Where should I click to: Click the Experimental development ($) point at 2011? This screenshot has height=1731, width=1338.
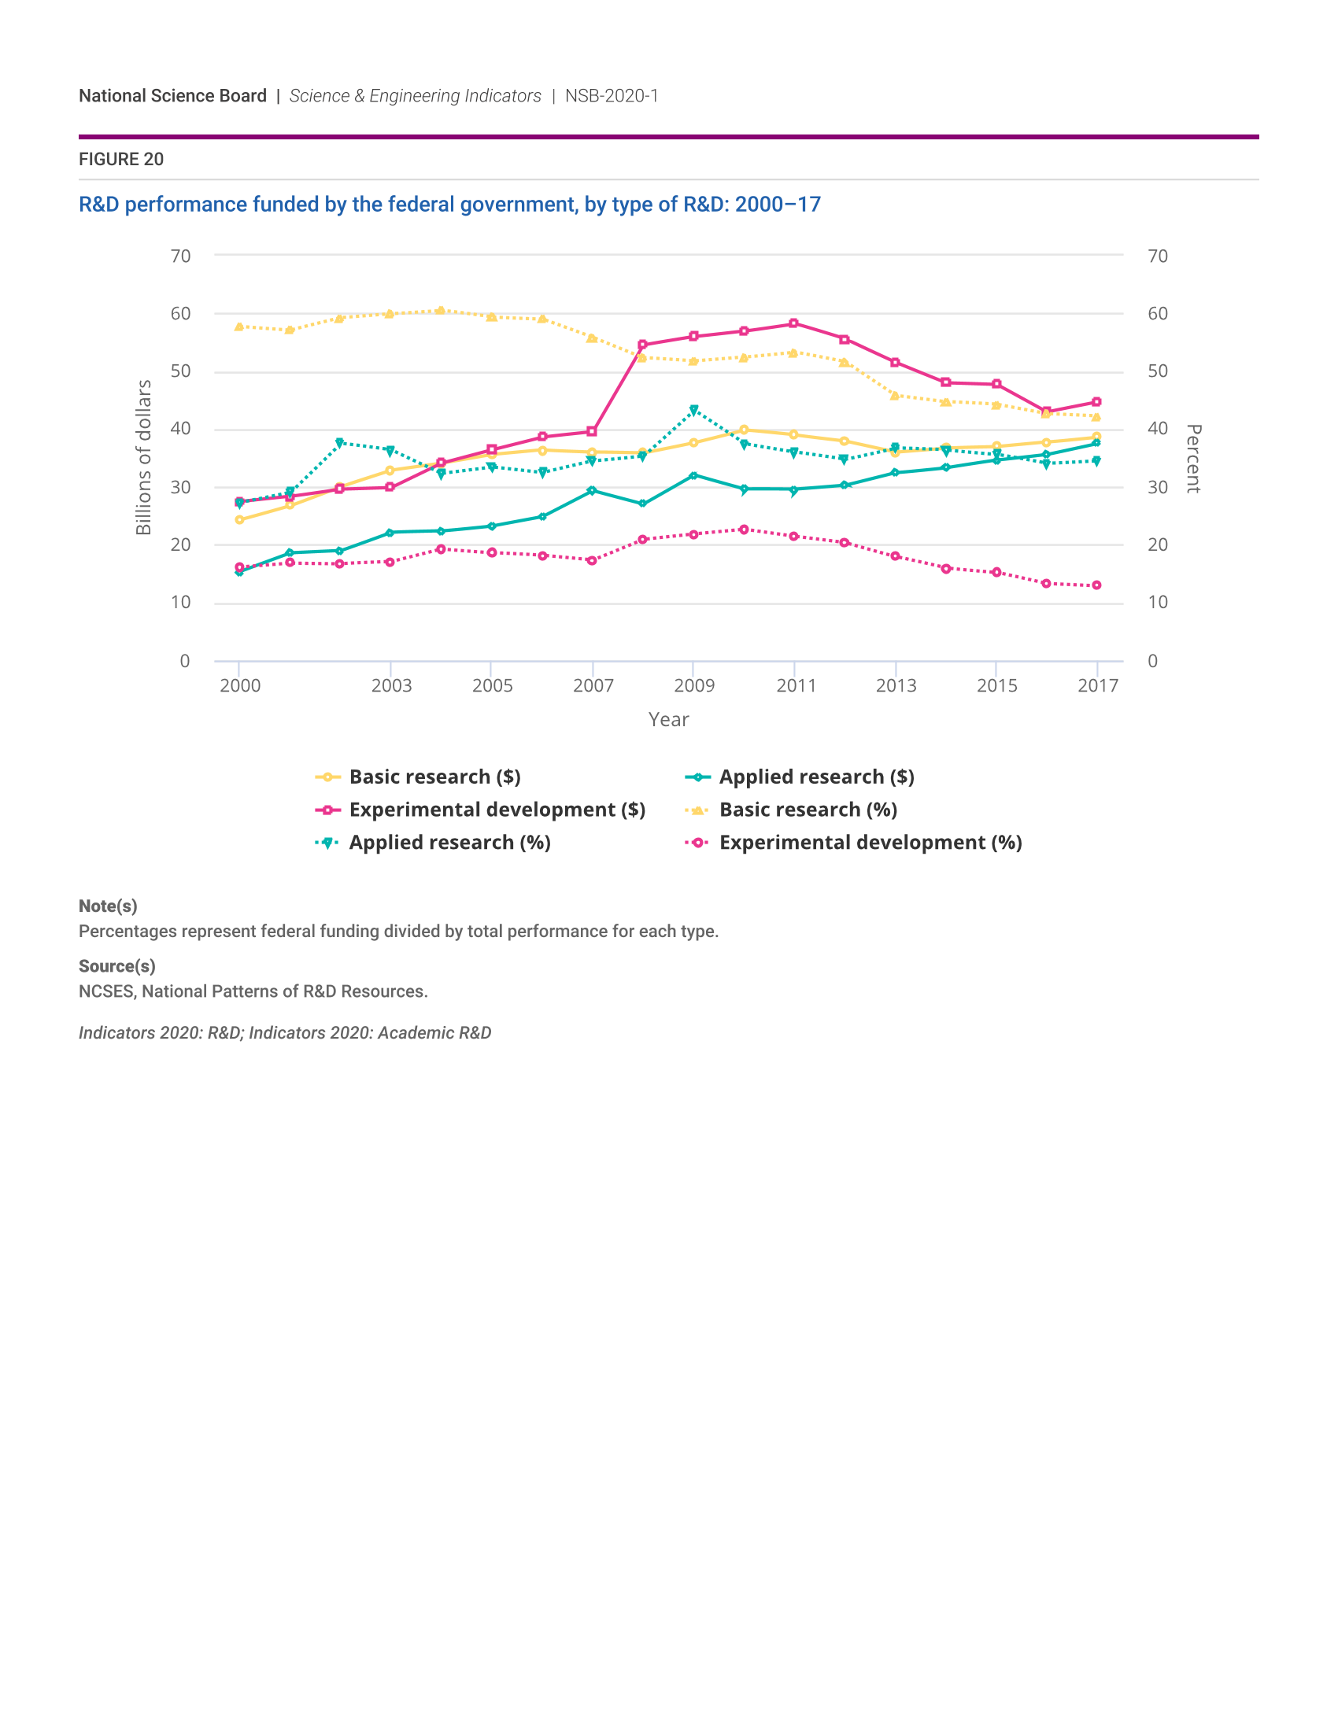tap(793, 323)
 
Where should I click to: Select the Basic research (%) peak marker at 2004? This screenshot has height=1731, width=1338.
tap(441, 311)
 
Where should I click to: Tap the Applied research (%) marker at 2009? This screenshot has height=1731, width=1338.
tap(693, 410)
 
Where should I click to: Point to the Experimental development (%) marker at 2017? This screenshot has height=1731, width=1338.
tap(1096, 585)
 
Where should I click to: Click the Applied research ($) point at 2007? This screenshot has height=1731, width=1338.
tap(592, 491)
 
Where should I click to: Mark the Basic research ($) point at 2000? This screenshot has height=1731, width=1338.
tap(239, 520)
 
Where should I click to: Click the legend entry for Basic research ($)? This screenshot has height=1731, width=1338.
tap(434, 777)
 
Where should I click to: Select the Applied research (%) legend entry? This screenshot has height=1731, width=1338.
tap(449, 843)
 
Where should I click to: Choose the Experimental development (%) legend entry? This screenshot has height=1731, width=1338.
tap(870, 843)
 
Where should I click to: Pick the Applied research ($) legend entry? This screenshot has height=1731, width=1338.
tap(815, 777)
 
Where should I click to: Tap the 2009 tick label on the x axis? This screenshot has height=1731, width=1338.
tap(694, 685)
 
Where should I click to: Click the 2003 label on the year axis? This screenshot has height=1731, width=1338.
tap(392, 685)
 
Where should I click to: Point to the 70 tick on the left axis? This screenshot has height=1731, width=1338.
tap(181, 256)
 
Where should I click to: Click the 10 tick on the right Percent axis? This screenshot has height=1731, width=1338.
tap(1157, 603)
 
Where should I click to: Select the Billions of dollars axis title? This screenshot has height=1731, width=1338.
tap(143, 457)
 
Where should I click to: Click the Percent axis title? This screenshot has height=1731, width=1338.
tap(1193, 458)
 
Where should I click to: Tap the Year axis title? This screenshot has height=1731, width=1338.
tap(668, 720)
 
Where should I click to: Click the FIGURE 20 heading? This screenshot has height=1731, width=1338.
tap(121, 159)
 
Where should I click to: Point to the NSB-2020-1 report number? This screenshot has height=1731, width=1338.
tap(611, 96)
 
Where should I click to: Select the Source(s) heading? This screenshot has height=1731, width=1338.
tap(116, 966)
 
